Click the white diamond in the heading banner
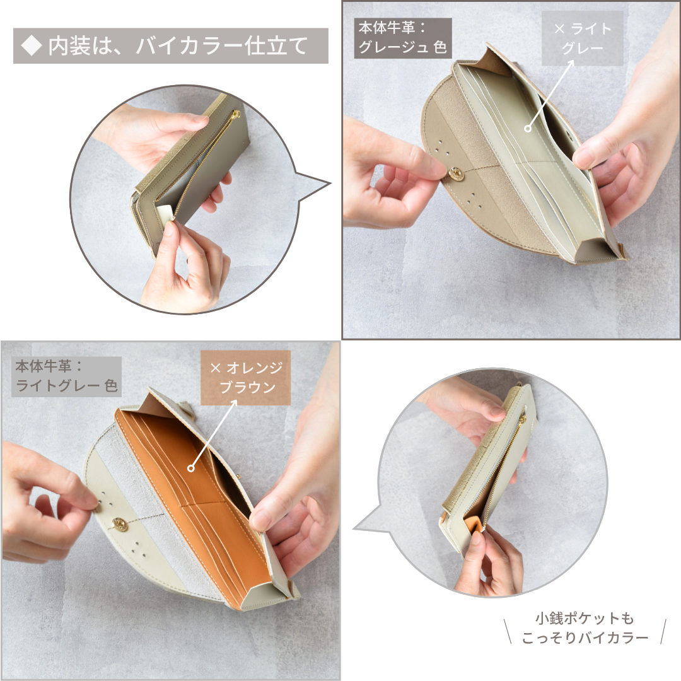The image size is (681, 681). click(32, 46)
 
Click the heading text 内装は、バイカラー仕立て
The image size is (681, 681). click(178, 46)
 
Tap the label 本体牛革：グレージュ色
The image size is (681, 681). click(402, 38)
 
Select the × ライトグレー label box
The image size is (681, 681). click(583, 38)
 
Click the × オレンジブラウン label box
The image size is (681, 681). click(245, 378)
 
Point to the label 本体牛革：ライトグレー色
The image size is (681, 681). click(66, 376)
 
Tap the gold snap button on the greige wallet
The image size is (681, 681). click(456, 174)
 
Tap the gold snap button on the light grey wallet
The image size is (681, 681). click(119, 523)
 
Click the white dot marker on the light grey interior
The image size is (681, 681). click(528, 129)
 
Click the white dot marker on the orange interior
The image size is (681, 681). click(190, 468)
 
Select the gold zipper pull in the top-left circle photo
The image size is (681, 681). click(236, 115)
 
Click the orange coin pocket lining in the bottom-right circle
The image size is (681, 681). click(474, 524)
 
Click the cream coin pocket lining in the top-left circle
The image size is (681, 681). click(165, 214)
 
